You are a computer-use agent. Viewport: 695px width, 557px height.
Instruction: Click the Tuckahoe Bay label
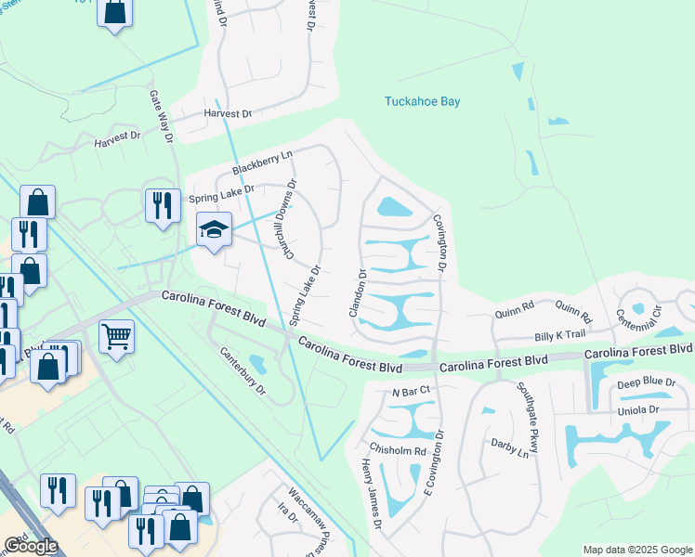[423, 101]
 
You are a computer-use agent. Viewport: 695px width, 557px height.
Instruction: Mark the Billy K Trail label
[560, 334]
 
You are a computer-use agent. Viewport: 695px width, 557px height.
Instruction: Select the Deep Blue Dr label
[647, 382]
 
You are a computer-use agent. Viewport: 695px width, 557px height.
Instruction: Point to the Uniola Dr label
[637, 409]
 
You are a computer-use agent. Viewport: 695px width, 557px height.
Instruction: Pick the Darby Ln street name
[510, 448]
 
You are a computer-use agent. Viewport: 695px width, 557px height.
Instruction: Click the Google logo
[32, 546]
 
